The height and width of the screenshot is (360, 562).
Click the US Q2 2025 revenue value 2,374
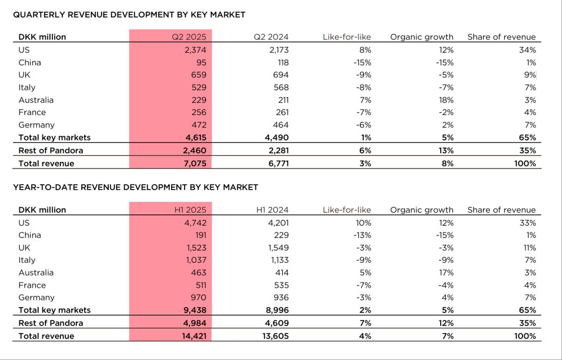click(195, 50)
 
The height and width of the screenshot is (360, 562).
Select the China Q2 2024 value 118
click(282, 62)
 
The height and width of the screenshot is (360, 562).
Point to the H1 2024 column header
click(272, 210)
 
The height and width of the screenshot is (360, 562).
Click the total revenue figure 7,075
click(195, 163)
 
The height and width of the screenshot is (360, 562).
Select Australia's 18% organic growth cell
click(446, 100)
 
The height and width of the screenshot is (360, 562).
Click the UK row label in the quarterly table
click(24, 75)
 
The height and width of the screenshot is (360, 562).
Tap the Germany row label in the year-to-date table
click(36, 298)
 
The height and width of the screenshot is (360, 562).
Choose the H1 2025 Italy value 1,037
click(195, 260)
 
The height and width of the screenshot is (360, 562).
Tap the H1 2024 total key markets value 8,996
click(277, 310)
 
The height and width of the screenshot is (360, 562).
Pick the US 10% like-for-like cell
click(364, 223)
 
